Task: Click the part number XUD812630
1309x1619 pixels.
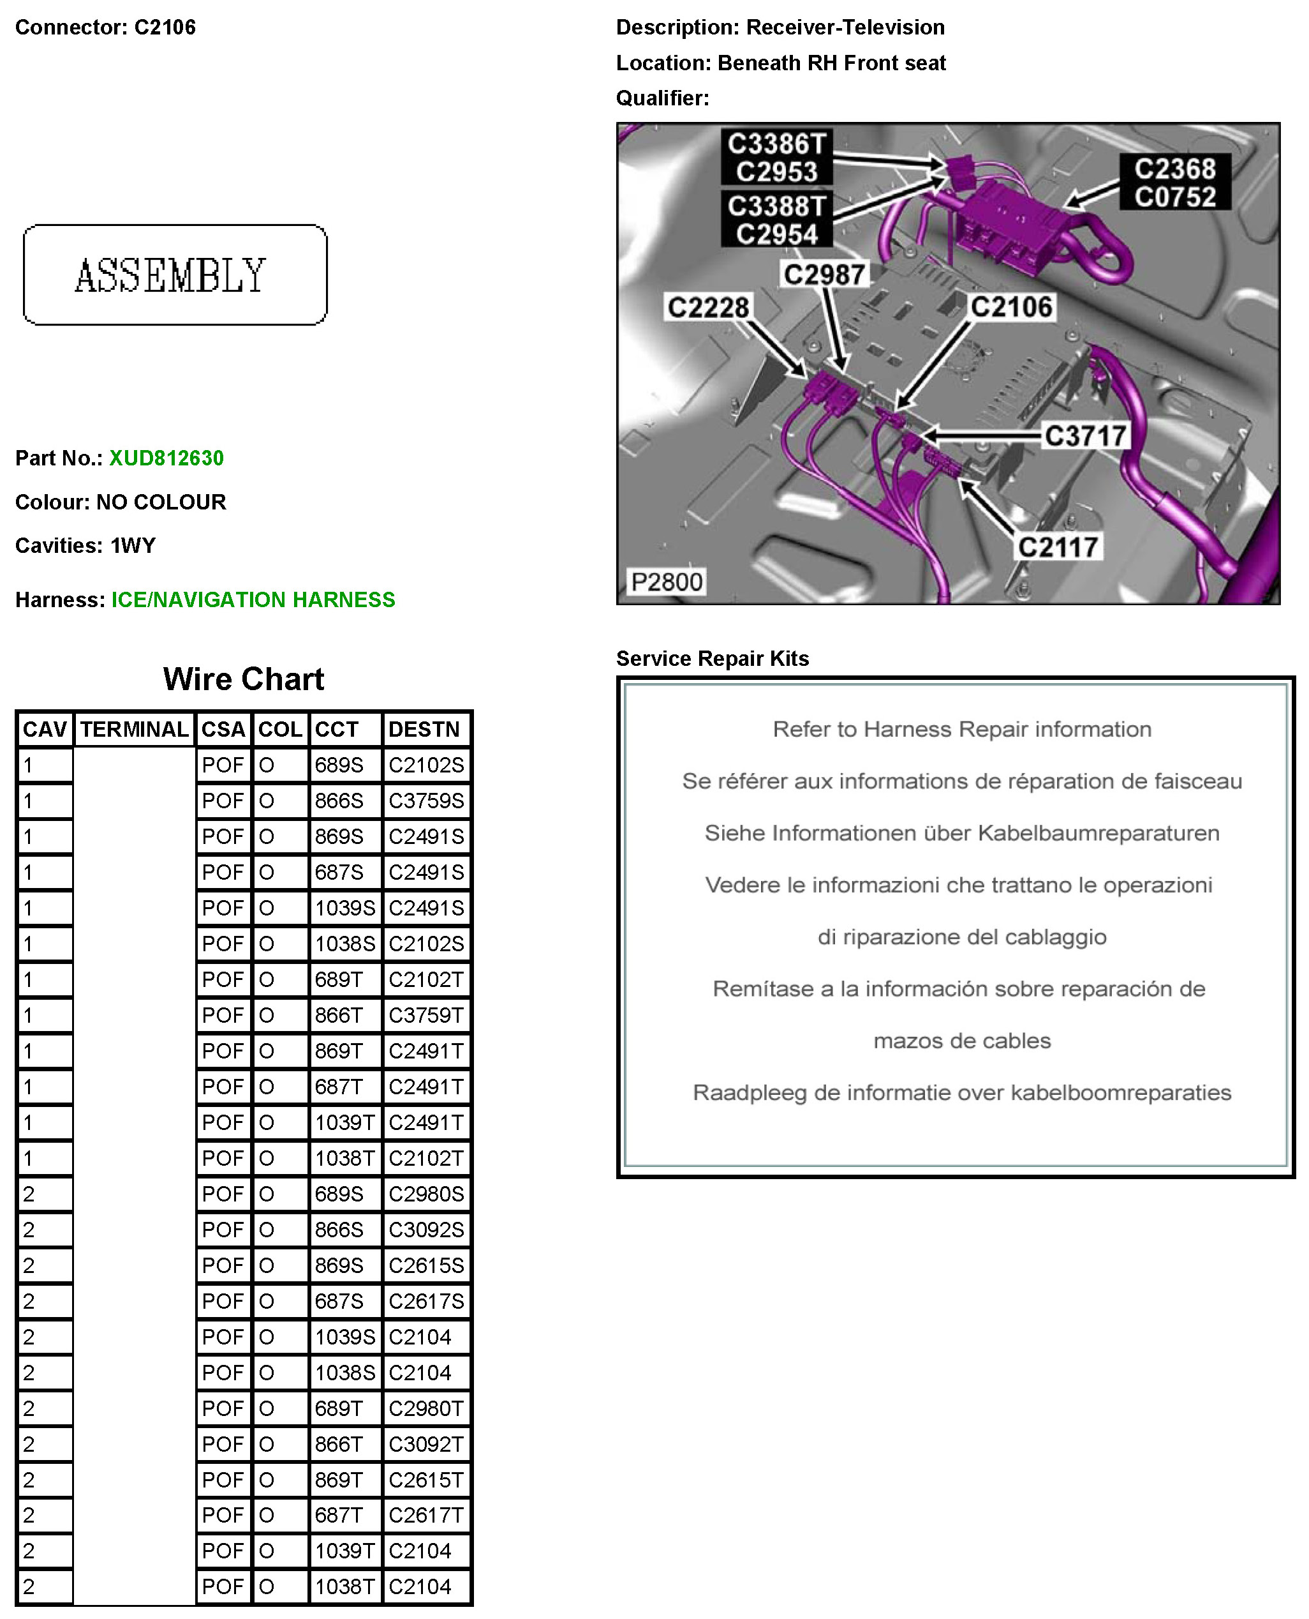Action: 166,458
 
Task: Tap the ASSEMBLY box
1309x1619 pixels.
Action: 175,275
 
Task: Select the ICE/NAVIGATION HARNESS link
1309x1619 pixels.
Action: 253,599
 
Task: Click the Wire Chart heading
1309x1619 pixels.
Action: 243,679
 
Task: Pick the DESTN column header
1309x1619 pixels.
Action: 424,730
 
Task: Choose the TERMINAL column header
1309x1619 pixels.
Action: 134,730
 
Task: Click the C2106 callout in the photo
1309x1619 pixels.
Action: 1010,307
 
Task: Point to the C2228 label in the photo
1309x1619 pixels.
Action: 708,308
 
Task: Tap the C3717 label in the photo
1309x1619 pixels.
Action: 1084,436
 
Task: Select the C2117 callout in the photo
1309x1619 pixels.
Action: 1057,547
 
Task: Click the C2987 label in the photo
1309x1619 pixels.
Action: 824,275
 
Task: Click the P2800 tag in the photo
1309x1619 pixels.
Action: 666,582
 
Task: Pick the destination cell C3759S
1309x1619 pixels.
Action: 426,801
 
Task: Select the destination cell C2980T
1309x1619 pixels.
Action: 426,1408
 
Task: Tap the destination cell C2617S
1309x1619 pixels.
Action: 426,1301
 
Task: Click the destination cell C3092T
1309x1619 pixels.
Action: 426,1444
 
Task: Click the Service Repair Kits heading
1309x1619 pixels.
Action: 712,659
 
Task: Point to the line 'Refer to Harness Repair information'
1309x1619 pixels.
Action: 961,730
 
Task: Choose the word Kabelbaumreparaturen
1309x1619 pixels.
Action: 1098,834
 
